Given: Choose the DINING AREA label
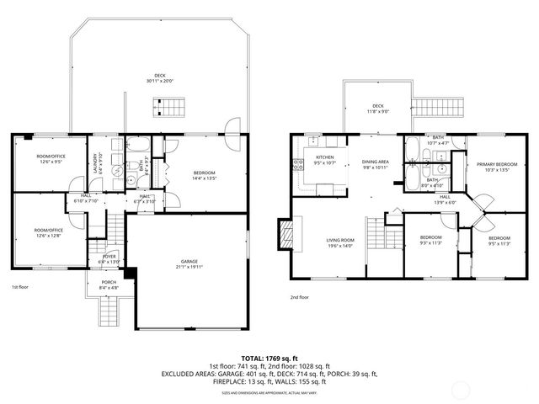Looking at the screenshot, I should tap(375, 162).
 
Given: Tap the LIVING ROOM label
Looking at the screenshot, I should tap(340, 241).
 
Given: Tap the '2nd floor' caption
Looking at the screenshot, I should tap(299, 297).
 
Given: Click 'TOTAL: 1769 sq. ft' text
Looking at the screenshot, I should tap(269, 358).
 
